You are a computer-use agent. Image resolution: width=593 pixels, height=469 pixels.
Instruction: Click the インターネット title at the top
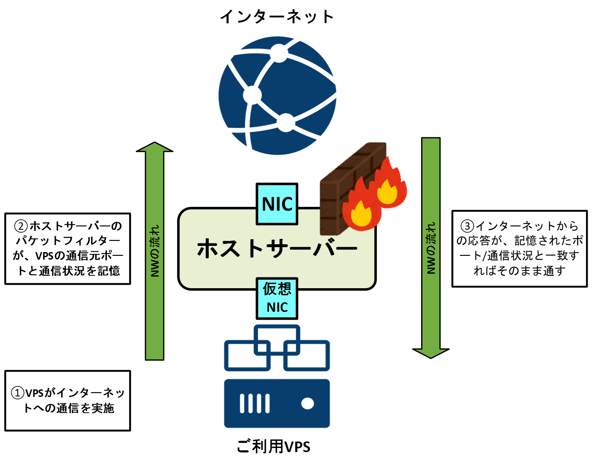point(277,17)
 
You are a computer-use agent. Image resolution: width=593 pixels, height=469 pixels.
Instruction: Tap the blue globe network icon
point(277,96)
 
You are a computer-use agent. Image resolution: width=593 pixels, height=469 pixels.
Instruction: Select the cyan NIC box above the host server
point(277,204)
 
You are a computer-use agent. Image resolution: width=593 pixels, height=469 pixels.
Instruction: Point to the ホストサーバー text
point(277,248)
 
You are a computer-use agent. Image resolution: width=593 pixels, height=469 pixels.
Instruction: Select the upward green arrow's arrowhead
point(154,147)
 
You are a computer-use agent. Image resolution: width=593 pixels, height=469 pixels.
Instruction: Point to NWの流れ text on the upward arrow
point(155,251)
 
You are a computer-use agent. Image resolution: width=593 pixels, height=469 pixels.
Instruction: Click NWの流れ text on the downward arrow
point(431,248)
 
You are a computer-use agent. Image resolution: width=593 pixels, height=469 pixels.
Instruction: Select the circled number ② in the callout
point(21,226)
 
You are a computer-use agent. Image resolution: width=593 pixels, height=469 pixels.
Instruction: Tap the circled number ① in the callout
point(17,393)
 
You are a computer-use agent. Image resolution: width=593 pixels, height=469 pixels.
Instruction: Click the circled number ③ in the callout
point(467,226)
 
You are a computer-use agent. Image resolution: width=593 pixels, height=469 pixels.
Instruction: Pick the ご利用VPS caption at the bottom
point(273,447)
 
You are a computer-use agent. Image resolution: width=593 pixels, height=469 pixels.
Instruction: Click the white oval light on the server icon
point(307,403)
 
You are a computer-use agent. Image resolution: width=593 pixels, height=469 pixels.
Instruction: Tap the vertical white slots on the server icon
point(255,403)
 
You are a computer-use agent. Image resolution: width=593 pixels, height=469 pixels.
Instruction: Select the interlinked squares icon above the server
point(277,348)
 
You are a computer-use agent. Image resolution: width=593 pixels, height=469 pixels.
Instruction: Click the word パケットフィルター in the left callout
point(68,241)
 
